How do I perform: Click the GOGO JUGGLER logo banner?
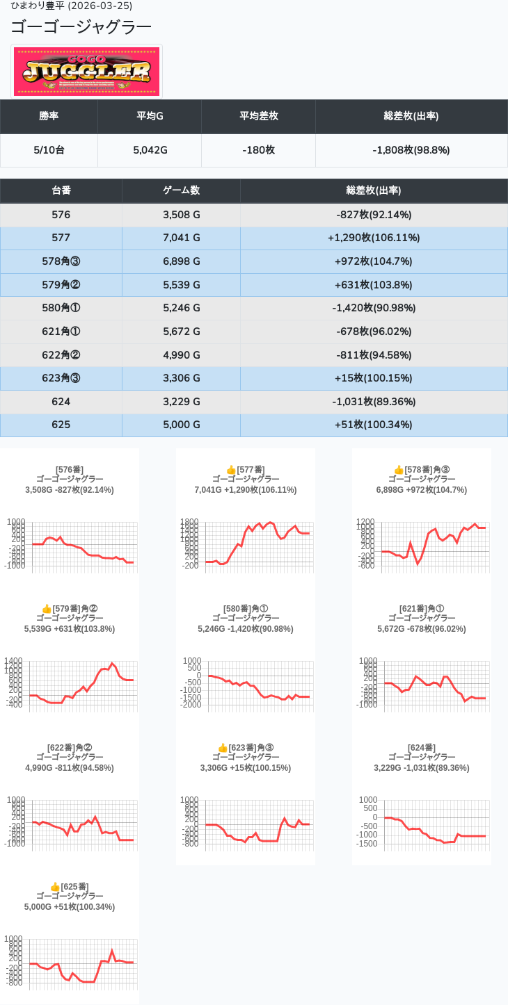pyautogui.click(x=87, y=72)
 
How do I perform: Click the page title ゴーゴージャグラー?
pyautogui.click(x=81, y=27)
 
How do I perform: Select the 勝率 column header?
pyautogui.click(x=49, y=116)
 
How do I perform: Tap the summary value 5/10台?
pyautogui.click(x=49, y=150)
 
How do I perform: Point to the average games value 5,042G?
pyautogui.click(x=150, y=150)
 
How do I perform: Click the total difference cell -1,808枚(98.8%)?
pyautogui.click(x=411, y=150)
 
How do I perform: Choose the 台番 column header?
pyautogui.click(x=61, y=190)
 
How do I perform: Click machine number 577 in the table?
pyautogui.click(x=61, y=238)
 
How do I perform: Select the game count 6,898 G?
pyautogui.click(x=182, y=261)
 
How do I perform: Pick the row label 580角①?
pyautogui.click(x=61, y=308)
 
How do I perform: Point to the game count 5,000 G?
pyautogui.click(x=182, y=425)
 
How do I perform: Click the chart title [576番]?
pyautogui.click(x=70, y=470)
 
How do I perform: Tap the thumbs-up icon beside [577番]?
pyautogui.click(x=231, y=470)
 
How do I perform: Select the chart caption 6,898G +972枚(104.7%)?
pyautogui.click(x=422, y=490)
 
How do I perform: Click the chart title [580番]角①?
pyautogui.click(x=246, y=609)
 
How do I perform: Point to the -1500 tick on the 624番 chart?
pyautogui.click(x=368, y=844)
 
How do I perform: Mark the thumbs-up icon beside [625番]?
pyautogui.click(x=55, y=887)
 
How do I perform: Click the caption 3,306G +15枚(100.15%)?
pyautogui.click(x=246, y=768)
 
